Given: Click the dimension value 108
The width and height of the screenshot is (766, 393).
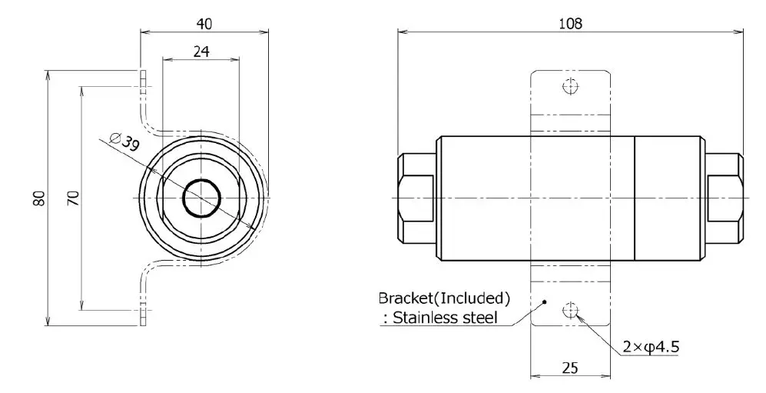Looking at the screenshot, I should pos(571,22).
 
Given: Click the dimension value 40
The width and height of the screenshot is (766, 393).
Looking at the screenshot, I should pos(204,23).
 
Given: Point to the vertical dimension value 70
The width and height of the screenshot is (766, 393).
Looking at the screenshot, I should pos(72,198).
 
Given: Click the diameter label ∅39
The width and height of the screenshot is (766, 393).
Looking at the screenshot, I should pos(124,143).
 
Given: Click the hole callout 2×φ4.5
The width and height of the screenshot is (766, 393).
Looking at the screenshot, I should pos(651,347).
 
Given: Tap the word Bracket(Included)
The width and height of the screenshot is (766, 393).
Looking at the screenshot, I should pos(444,298).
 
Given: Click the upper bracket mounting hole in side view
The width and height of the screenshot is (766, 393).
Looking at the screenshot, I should pos(569,85).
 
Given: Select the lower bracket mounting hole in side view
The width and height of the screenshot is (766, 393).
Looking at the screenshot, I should pos(569,310).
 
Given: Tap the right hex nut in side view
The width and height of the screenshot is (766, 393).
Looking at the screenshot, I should pos(725,198).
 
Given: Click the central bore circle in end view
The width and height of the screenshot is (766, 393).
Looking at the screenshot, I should pos(202,198).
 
